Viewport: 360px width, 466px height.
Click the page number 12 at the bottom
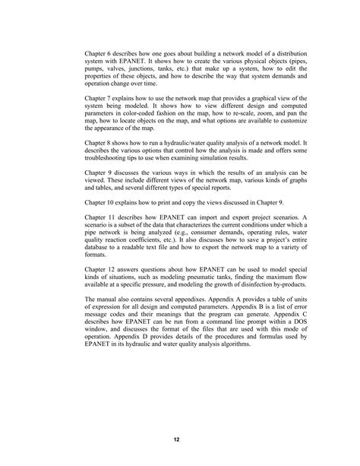pos(180,439)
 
